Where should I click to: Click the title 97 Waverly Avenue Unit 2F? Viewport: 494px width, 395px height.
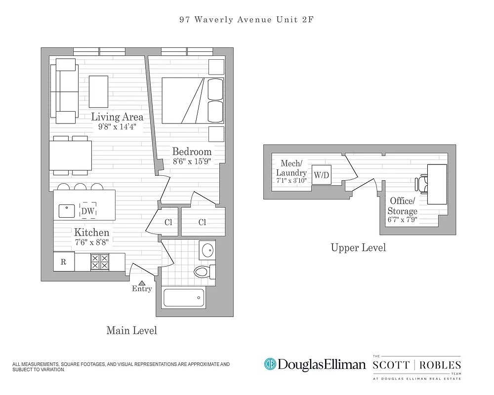point(247,20)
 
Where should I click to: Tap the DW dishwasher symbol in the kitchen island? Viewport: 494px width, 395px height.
point(88,211)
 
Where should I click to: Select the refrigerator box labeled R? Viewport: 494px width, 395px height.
point(64,262)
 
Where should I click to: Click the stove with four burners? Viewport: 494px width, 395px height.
point(100,262)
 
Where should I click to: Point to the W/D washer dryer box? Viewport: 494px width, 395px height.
point(321,175)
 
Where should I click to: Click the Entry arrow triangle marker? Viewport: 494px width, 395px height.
point(142,283)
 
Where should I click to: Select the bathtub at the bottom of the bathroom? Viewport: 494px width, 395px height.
point(183,298)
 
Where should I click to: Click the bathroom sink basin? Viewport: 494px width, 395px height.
point(207,249)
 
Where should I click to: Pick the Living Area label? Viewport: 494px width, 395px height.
point(117,117)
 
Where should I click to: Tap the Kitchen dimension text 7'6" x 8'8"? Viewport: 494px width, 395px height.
point(91,242)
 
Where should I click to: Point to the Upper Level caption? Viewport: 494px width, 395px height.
point(358,247)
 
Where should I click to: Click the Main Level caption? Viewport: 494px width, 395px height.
point(131,330)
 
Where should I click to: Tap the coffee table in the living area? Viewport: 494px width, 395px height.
point(98,91)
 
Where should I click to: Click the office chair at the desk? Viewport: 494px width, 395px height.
point(421,184)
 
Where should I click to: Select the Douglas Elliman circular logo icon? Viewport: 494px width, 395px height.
point(270,365)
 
